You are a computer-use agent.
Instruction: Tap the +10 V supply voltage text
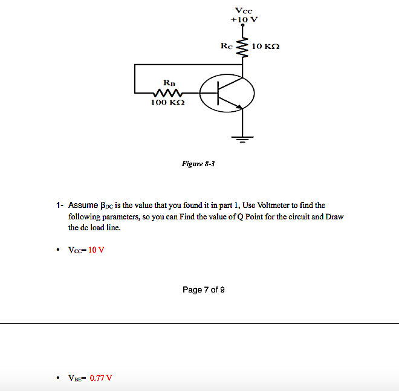coord(244,19)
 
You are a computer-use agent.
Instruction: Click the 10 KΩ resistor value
coord(265,47)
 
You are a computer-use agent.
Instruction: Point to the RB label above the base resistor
coord(169,82)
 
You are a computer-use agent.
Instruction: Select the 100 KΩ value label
coord(167,103)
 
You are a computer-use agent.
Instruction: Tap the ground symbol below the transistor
coord(242,140)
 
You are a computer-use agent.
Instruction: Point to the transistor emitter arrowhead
coord(241,107)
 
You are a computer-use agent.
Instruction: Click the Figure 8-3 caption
coord(198,163)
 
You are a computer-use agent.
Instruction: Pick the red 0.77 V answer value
coord(100,378)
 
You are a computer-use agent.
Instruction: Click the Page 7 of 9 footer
coord(204,290)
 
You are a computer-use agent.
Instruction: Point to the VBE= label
coord(77,378)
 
